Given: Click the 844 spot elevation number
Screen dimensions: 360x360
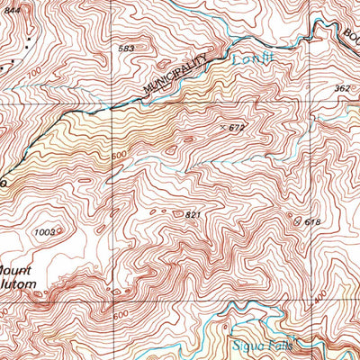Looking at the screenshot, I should [10, 6].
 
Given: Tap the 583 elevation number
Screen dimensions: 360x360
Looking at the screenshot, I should [127, 49].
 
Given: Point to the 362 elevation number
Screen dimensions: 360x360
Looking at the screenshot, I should [342, 88].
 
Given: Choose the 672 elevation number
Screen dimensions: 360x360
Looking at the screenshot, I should [237, 129].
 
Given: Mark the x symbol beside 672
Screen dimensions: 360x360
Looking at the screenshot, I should [222, 128].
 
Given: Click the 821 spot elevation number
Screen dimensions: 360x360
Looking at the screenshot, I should [192, 215].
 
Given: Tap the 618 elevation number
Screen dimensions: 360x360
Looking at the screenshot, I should [312, 221].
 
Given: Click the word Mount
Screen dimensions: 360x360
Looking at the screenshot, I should [18, 270].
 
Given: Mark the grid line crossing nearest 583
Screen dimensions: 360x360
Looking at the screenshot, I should [111, 110].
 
